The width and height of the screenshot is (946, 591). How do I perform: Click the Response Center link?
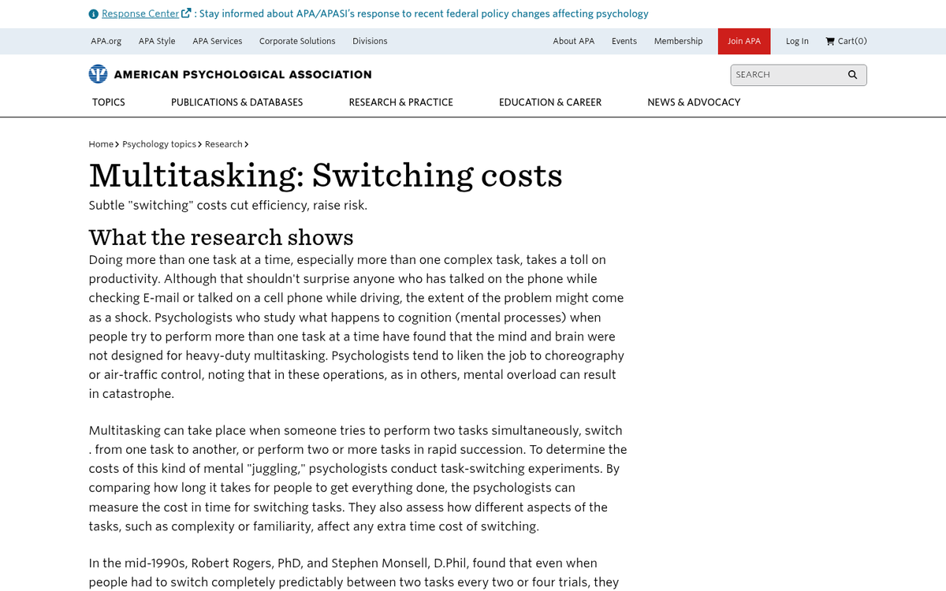[140, 13]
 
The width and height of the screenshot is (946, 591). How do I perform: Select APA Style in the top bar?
[157, 41]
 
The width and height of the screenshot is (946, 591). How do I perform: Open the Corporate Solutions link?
[297, 41]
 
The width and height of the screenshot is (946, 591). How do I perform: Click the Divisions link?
[370, 41]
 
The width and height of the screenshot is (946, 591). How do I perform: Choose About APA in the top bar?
[573, 41]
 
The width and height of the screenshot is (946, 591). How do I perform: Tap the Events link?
[624, 41]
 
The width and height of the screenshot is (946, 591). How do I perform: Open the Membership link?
[678, 41]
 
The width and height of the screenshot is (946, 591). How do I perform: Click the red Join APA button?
[743, 41]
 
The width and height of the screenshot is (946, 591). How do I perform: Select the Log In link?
[797, 41]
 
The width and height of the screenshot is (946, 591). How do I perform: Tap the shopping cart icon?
[830, 41]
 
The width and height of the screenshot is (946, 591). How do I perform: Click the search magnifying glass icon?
[852, 75]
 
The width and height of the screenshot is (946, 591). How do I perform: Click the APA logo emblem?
[98, 74]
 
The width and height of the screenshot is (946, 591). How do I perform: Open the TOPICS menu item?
[109, 102]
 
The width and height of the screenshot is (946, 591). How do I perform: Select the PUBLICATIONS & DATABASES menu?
[236, 102]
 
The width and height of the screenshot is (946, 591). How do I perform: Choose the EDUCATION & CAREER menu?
[549, 102]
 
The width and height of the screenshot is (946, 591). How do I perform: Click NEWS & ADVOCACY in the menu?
[694, 102]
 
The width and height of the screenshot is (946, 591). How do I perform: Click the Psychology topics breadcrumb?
[159, 144]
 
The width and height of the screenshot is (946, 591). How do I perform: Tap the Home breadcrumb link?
[101, 144]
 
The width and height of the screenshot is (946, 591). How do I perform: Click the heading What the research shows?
[221, 236]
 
